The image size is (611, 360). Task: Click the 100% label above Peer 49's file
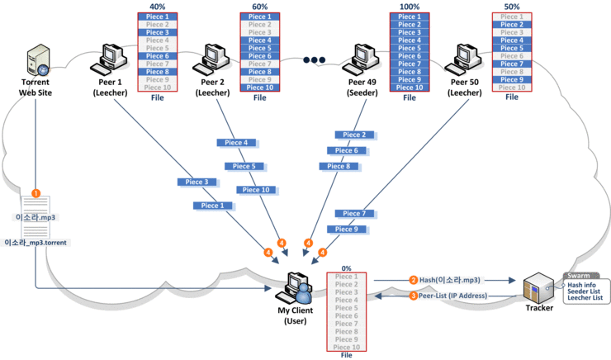pos(410,6)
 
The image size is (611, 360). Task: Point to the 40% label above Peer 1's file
pos(157,6)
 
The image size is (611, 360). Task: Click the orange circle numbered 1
pos(36,192)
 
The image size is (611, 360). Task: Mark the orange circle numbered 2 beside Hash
pos(413,279)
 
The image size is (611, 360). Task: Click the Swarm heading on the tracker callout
pos(578,276)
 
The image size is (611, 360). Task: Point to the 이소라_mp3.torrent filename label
pos(36,243)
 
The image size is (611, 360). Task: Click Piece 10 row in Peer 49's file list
pos(410,87)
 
